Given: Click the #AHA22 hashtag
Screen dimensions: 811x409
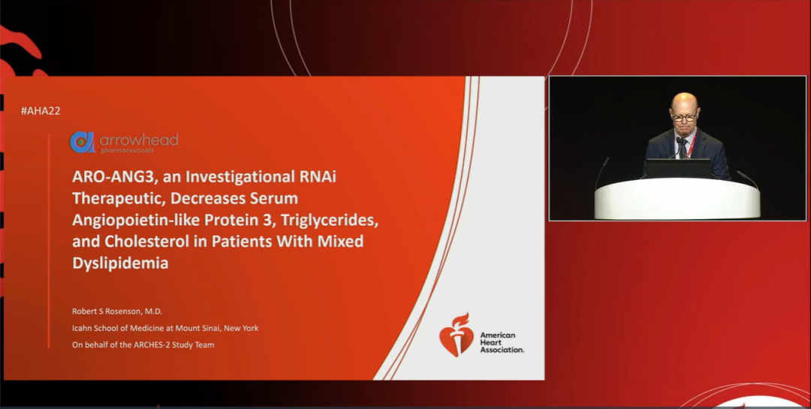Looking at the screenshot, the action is (41, 110).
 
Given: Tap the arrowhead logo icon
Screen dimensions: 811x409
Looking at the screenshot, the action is (83, 142).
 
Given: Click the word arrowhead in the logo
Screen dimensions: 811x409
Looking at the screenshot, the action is (139, 140).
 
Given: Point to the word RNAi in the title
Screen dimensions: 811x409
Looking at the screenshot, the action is (318, 177).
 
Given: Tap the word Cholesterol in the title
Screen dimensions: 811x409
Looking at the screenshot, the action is (147, 242).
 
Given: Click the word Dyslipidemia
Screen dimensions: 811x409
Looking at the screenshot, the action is (120, 263).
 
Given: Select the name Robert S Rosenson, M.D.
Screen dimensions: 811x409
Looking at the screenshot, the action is (117, 311).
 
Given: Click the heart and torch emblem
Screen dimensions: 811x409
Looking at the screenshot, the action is (457, 335).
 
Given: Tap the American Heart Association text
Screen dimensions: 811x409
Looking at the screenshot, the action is (502, 342).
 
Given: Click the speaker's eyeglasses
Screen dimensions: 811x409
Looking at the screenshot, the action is (684, 118).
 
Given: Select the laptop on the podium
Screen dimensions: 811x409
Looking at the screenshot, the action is (678, 169).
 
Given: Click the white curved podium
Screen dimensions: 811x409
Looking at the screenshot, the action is (677, 199).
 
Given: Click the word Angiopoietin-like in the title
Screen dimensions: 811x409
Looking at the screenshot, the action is (135, 221).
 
